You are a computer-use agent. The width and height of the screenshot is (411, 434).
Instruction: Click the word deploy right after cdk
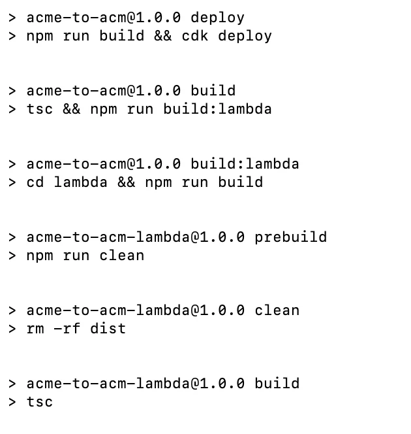[x=245, y=35]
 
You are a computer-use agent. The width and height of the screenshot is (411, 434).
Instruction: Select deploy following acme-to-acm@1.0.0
[x=217, y=17]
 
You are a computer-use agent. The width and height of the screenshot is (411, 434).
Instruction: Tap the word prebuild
[x=290, y=237]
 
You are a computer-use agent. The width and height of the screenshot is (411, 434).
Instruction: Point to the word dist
[x=108, y=328]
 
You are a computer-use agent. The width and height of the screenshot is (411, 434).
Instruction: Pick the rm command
[x=35, y=328]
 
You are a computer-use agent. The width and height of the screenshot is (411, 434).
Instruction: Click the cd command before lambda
[x=35, y=182]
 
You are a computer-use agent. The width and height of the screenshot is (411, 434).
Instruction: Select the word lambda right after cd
[x=80, y=182]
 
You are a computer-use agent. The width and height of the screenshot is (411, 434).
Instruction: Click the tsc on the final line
[x=39, y=401]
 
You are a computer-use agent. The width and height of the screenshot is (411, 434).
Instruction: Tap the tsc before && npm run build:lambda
[x=39, y=108]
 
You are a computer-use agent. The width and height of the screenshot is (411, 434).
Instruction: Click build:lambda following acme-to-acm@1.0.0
[x=245, y=163]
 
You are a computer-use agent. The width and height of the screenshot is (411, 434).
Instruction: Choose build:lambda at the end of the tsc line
[x=217, y=108]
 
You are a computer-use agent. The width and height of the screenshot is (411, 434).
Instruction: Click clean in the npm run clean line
[x=121, y=255]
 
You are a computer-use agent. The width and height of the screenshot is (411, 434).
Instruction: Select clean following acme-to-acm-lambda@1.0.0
[x=277, y=310]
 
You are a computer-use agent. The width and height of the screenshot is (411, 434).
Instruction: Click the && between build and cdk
[x=162, y=35]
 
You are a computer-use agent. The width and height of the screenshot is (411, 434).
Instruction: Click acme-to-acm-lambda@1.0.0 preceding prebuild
[x=135, y=237]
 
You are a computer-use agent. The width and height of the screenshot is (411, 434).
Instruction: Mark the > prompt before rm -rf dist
[x=12, y=328]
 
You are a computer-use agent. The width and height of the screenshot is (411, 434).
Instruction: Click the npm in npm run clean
[x=39, y=255]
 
